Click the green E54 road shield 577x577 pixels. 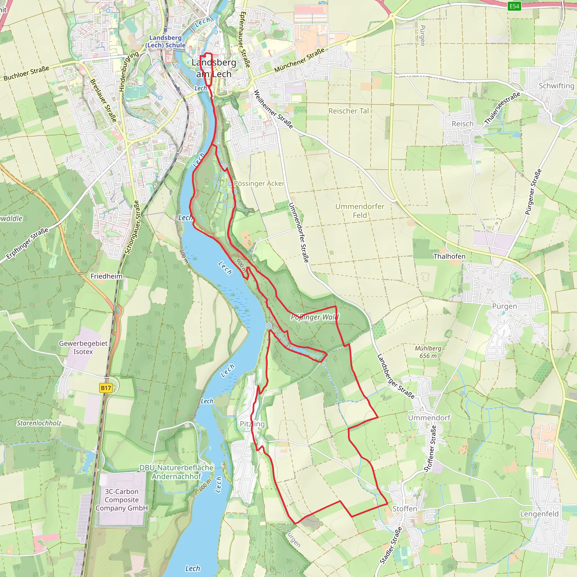pos(514,6)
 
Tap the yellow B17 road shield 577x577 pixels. pos(106,388)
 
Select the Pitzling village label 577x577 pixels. pos(252,424)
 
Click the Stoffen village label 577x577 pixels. pos(404,509)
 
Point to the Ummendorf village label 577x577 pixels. pos(429,418)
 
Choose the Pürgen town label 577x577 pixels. pos(504,307)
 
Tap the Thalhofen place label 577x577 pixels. pos(449,256)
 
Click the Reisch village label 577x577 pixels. pos(462,124)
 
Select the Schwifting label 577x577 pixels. pos(556,86)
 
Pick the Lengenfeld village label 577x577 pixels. pos(539,514)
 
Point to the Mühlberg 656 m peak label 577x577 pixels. pos(428,352)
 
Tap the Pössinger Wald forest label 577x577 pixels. pos(315,317)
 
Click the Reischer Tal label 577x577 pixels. pos(349,111)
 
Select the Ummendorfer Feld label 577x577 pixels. pos(359,210)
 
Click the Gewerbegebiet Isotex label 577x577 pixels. pos(83,347)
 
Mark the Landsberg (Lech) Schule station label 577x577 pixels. pos(165,41)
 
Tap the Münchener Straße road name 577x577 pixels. pos(299,60)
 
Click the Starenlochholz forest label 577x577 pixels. pos(39,423)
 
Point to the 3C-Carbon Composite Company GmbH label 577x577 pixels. pos(121,500)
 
